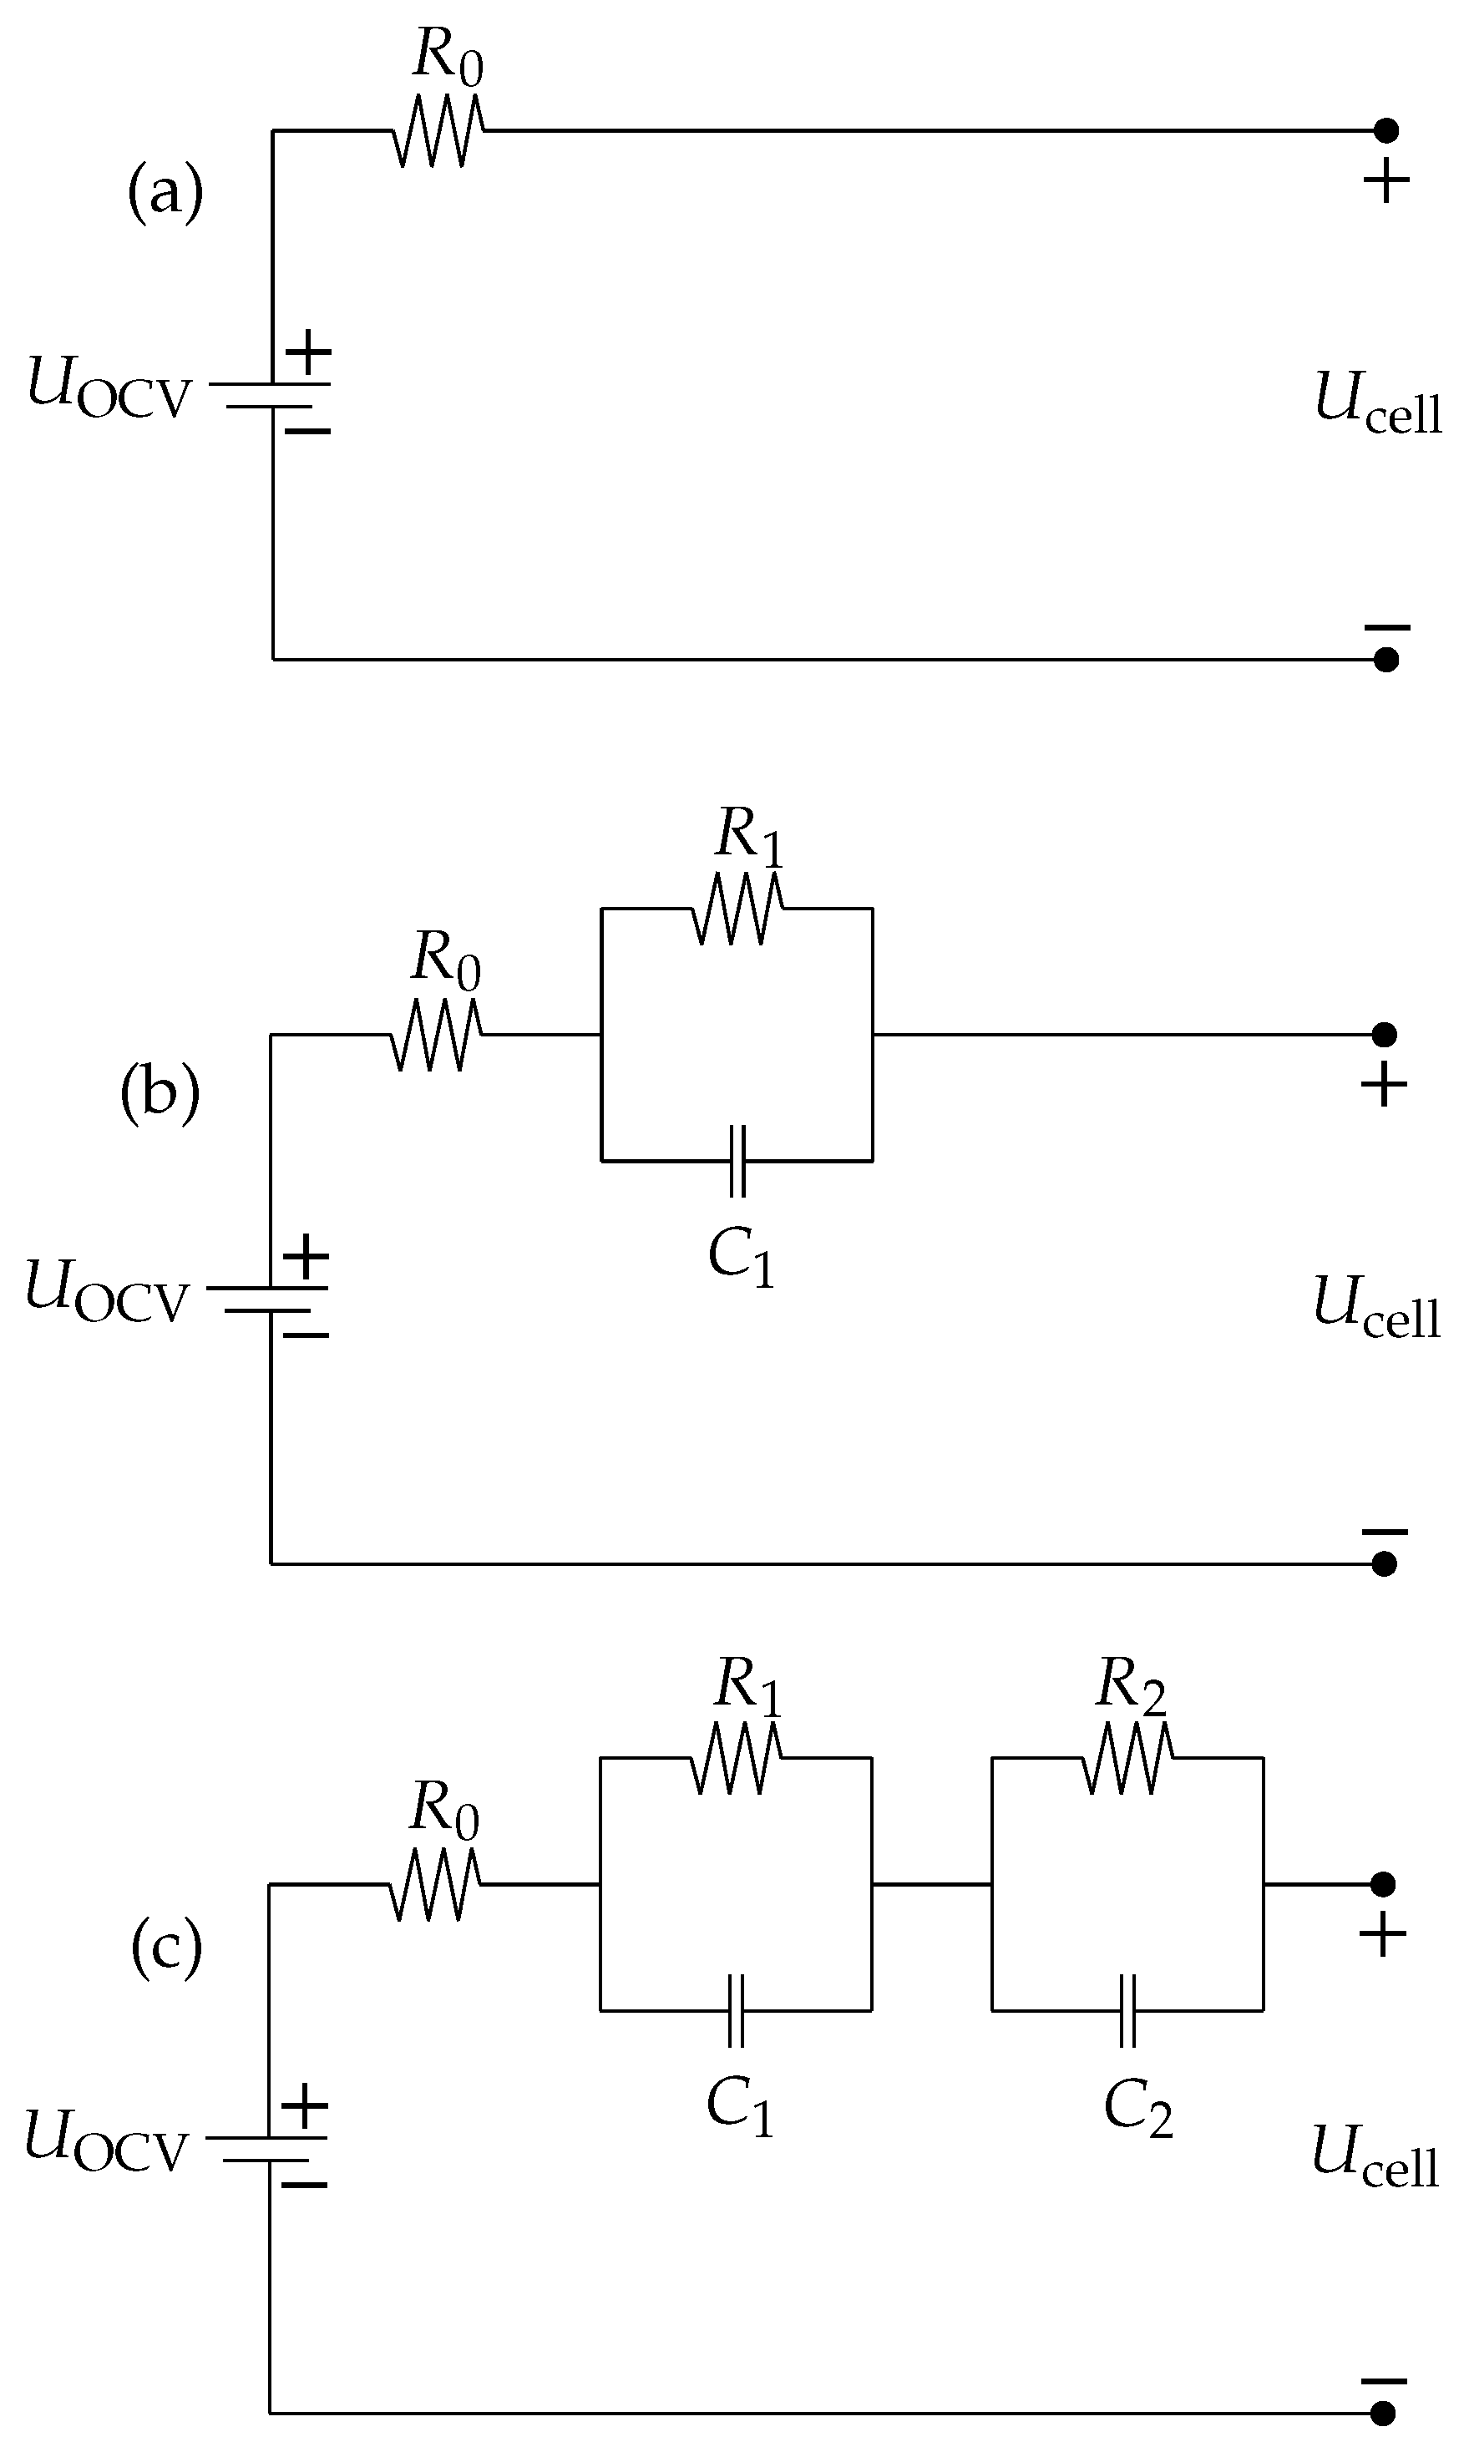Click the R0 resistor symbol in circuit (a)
pyautogui.click(x=438, y=130)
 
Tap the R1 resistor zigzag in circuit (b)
pyautogui.click(x=737, y=909)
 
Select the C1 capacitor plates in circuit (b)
pyautogui.click(x=737, y=1161)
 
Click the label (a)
pyautogui.click(x=165, y=191)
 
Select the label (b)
pyautogui.click(x=160, y=1094)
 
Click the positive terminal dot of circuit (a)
pyautogui.click(x=1386, y=129)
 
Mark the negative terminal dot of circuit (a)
pyautogui.click(x=1386, y=660)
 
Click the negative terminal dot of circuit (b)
pyautogui.click(x=1384, y=1564)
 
